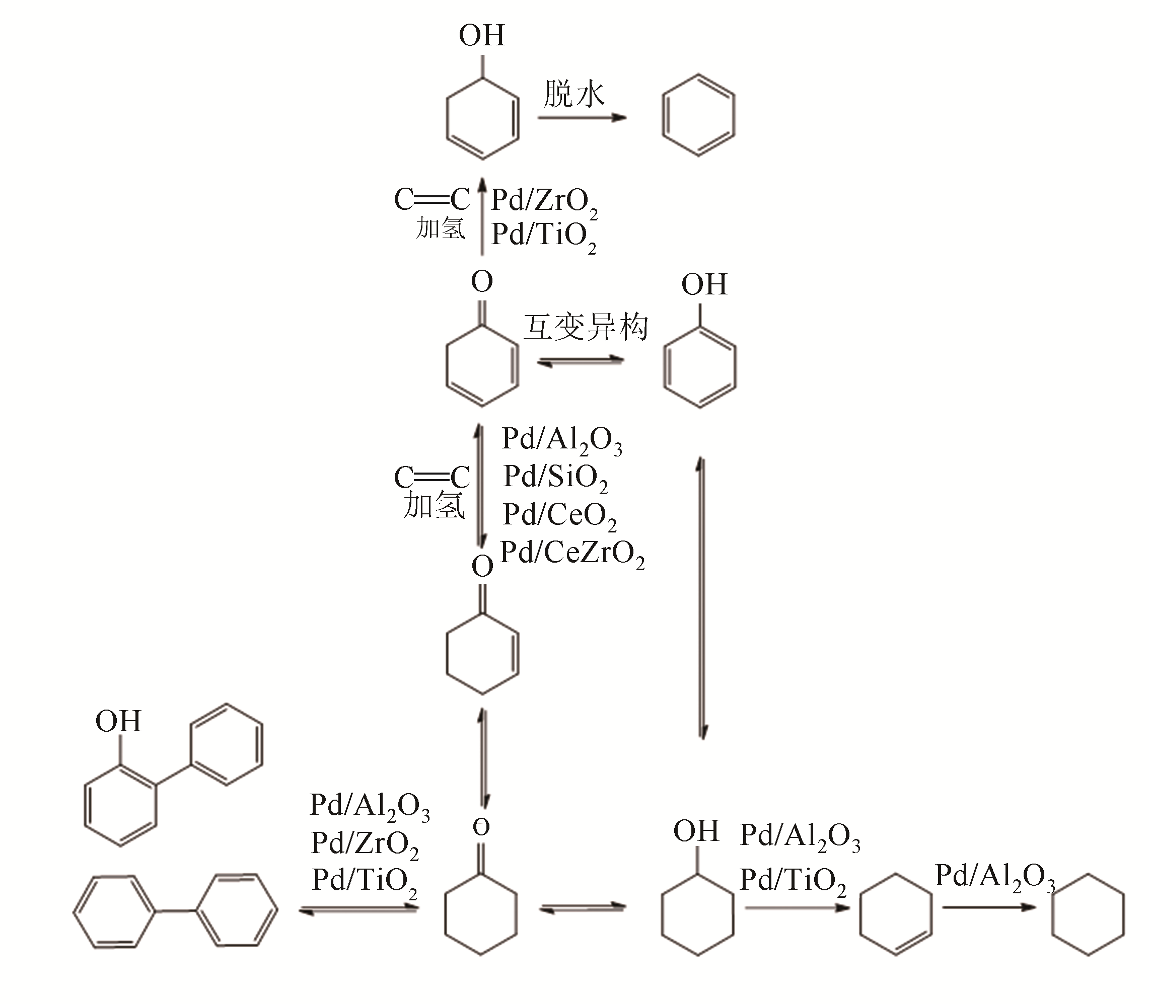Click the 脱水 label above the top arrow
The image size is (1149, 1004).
tap(574, 94)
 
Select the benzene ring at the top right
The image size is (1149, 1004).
tap(698, 115)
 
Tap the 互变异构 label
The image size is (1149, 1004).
tap(586, 327)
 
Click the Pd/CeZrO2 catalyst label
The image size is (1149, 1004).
tap(571, 554)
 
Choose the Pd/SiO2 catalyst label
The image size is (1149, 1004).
tap(555, 478)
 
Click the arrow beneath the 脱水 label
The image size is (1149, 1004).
tap(582, 118)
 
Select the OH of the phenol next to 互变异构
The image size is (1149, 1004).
tap(704, 285)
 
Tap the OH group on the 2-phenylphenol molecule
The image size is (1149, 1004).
tap(118, 721)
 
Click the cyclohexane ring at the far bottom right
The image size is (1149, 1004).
tap(1088, 914)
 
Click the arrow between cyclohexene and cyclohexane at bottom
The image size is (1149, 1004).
tap(989, 907)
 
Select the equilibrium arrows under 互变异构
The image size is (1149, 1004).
tap(581, 362)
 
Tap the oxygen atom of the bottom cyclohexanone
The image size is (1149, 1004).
tap(481, 827)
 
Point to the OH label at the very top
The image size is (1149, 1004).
tap(482, 36)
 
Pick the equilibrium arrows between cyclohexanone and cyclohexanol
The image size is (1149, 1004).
tap(583, 908)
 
